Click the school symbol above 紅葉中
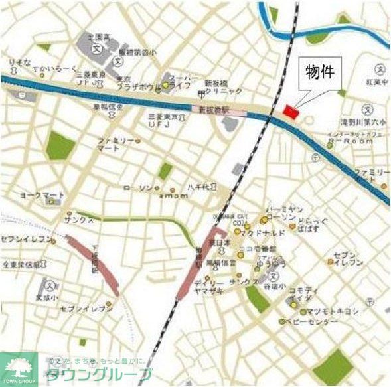(x=381, y=68)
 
